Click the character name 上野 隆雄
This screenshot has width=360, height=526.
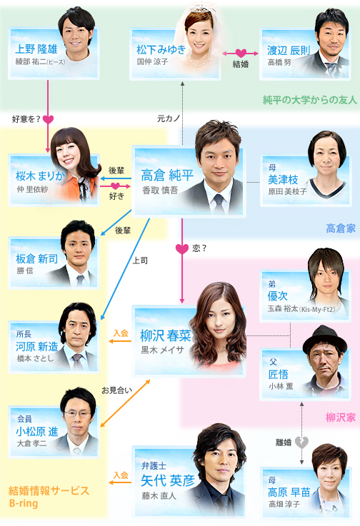(36, 49)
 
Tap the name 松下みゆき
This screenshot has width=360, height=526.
(161, 50)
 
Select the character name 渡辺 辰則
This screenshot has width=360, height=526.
(289, 51)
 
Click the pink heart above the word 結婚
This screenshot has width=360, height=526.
(241, 53)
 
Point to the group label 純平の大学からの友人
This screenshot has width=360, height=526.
(309, 100)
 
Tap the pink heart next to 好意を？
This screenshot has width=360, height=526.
(48, 119)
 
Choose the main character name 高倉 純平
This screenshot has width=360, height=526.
(167, 175)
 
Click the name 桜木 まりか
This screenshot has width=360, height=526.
(40, 176)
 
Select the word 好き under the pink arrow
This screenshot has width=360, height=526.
(116, 196)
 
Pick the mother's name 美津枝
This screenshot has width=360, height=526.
(283, 179)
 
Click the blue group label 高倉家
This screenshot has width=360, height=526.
(341, 228)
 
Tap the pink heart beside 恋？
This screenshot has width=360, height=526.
(182, 249)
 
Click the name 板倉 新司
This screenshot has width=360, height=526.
(36, 258)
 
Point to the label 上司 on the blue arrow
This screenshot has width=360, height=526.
(140, 261)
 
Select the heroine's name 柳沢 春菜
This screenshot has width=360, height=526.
(166, 335)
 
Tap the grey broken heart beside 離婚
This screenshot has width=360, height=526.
(301, 442)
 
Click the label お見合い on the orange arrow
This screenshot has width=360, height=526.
(116, 390)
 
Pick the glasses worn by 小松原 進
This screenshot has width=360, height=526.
(78, 413)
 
